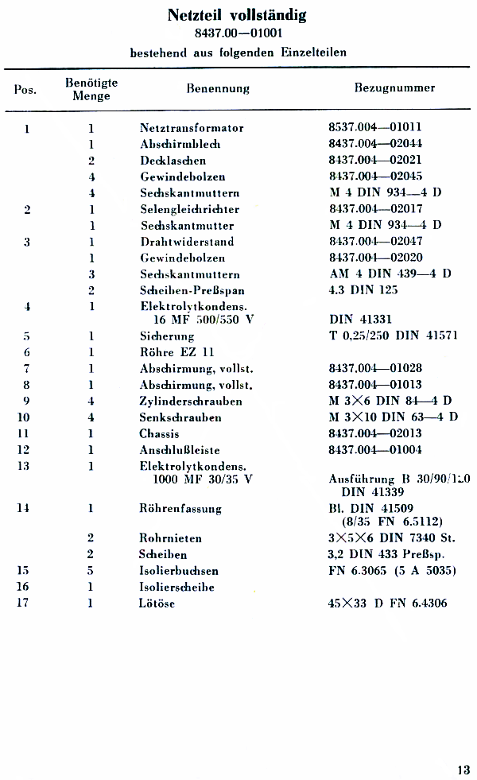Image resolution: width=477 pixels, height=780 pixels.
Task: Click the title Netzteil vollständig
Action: point(237,15)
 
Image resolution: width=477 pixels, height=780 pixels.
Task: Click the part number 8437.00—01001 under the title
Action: point(238,33)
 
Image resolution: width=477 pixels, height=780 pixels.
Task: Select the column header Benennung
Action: point(218,88)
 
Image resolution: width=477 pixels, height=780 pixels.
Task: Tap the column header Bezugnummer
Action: point(394,88)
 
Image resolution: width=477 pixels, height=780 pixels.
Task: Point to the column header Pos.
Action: point(25,89)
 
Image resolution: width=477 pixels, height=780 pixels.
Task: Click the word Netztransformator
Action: point(192,128)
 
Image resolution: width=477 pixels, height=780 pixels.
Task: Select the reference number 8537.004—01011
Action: point(375,127)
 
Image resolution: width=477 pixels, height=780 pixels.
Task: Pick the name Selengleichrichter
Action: point(189,209)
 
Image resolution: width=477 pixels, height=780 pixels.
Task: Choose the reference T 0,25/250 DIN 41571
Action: point(393,336)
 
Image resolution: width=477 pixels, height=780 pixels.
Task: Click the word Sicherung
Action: point(167,336)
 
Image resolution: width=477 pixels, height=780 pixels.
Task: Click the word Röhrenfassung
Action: point(180,508)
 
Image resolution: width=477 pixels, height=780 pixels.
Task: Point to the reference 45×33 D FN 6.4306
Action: point(387,603)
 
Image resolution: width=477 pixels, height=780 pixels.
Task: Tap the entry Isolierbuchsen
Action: point(179,571)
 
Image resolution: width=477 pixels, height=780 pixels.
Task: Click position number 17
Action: point(27,603)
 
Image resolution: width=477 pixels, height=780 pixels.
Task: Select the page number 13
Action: point(463,769)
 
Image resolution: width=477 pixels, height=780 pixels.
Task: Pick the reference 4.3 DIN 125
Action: point(363,290)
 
